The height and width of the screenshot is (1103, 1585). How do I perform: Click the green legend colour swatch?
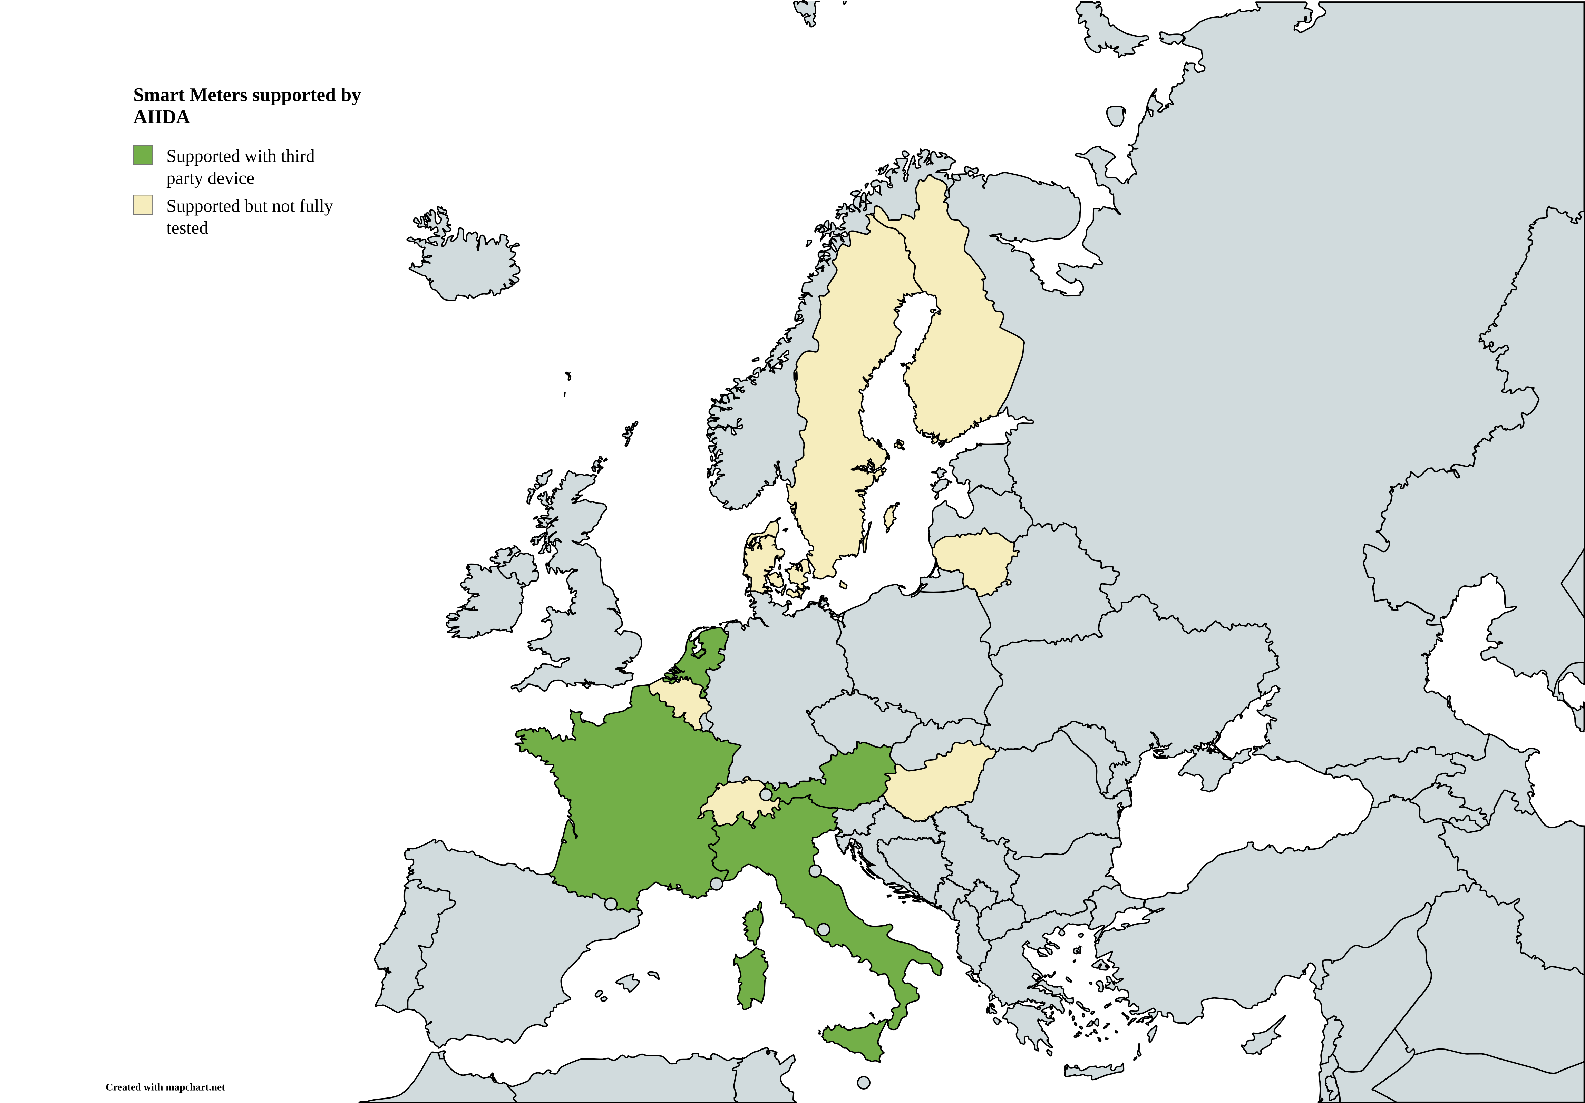point(143,155)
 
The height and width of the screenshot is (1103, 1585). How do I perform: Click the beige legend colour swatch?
point(143,205)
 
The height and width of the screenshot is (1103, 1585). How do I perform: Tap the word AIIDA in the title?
point(162,117)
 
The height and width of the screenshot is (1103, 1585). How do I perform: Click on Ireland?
point(487,601)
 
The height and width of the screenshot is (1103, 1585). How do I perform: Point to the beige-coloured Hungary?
point(935,783)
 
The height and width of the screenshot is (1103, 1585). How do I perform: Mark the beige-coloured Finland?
point(966,345)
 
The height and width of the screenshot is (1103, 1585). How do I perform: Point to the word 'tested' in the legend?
point(187,228)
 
